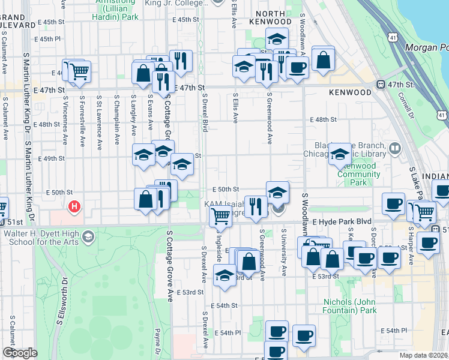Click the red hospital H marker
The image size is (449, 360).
[74, 208]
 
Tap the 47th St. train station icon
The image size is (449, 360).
[380, 85]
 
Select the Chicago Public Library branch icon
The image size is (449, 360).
[394, 148]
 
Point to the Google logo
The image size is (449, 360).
[19, 353]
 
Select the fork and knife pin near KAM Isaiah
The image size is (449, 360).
[256, 206]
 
